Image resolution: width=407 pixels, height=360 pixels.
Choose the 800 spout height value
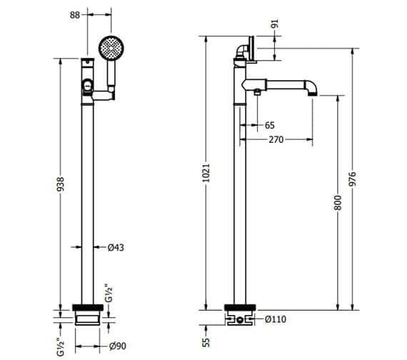[x=339, y=203]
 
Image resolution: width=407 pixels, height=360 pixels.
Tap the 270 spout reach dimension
[x=277, y=139]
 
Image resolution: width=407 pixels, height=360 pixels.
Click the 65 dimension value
[x=269, y=125]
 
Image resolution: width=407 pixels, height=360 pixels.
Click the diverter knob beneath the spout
[x=255, y=93]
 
